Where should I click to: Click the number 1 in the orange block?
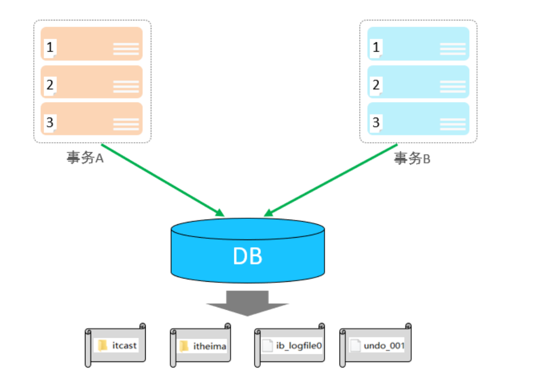point(50,47)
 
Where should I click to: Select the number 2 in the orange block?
point(50,85)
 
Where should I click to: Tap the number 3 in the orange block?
point(50,122)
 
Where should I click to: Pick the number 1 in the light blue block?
point(376,47)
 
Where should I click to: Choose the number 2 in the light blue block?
point(376,85)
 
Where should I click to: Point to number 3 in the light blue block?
point(376,122)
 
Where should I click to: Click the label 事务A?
point(85,157)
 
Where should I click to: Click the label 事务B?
point(412,158)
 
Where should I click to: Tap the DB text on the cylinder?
point(248,256)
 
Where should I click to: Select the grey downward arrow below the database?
point(248,303)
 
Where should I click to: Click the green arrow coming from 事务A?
point(163,180)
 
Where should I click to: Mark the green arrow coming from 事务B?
point(331,180)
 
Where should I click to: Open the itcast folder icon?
point(102,345)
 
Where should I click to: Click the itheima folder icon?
point(184,346)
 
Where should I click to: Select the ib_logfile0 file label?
point(299,345)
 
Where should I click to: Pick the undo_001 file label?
point(384,346)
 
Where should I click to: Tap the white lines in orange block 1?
point(126,49)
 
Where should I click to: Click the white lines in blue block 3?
point(452,124)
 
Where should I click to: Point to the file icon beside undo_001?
point(355,345)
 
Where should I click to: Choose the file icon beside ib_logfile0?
point(268,345)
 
